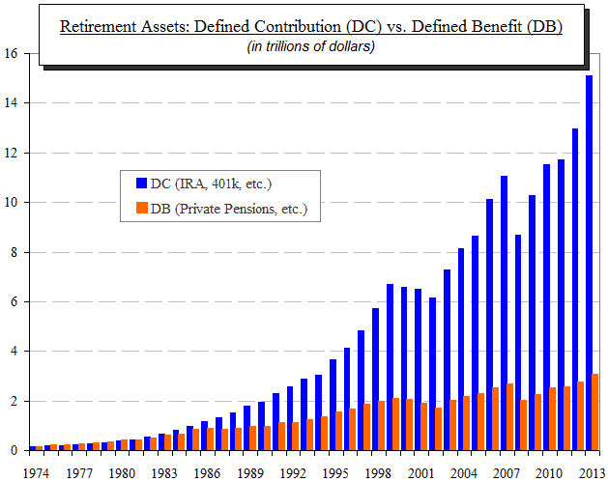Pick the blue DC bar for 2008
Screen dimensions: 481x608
518,342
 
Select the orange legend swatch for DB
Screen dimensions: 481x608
142,208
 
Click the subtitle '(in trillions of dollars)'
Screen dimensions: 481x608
309,46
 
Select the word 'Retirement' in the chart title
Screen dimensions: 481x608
96,26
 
